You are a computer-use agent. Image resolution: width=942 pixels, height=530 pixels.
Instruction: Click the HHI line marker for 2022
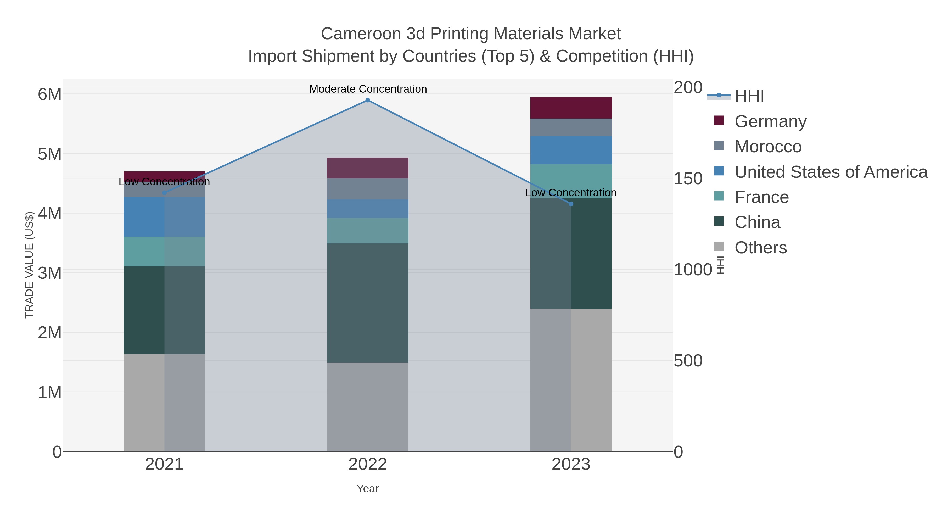click(368, 100)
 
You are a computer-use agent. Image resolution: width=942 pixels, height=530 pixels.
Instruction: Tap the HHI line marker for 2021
click(164, 193)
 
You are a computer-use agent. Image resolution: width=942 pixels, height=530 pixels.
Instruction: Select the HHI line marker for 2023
click(571, 204)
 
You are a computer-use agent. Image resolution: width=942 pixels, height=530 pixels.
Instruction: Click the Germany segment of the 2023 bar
click(571, 108)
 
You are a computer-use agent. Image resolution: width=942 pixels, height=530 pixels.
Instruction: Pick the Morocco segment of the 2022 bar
click(368, 189)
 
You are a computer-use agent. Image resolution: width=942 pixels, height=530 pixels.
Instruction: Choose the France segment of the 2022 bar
click(368, 231)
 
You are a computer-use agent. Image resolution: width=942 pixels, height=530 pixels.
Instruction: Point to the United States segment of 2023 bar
click(571, 150)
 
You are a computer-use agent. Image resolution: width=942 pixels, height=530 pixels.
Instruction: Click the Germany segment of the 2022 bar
click(368, 168)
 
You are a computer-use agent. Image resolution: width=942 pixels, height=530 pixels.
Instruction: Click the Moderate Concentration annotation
click(368, 89)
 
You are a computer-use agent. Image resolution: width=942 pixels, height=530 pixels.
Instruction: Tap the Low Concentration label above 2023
click(570, 192)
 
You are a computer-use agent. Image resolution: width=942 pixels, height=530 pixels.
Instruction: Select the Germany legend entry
click(770, 121)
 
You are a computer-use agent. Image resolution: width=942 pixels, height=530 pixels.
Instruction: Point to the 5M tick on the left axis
click(50, 154)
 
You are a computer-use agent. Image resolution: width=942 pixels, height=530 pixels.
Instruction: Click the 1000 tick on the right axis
click(692, 270)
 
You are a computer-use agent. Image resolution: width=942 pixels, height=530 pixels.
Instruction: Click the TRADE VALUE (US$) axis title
click(29, 265)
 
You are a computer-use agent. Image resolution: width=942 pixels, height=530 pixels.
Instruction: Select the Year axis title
click(368, 489)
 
